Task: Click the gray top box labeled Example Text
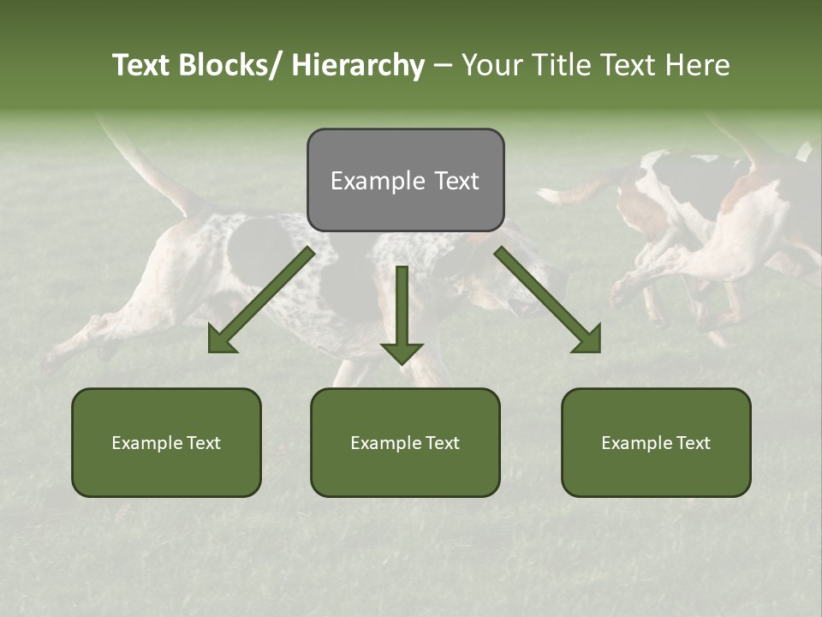405,180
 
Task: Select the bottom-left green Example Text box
166,442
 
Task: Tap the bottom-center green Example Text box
405,442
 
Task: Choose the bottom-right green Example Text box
656,442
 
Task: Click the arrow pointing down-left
262,300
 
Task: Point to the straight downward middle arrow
402,308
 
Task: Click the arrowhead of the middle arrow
402,351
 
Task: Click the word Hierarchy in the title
358,66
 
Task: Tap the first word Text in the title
142,66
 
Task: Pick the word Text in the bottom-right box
692,443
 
